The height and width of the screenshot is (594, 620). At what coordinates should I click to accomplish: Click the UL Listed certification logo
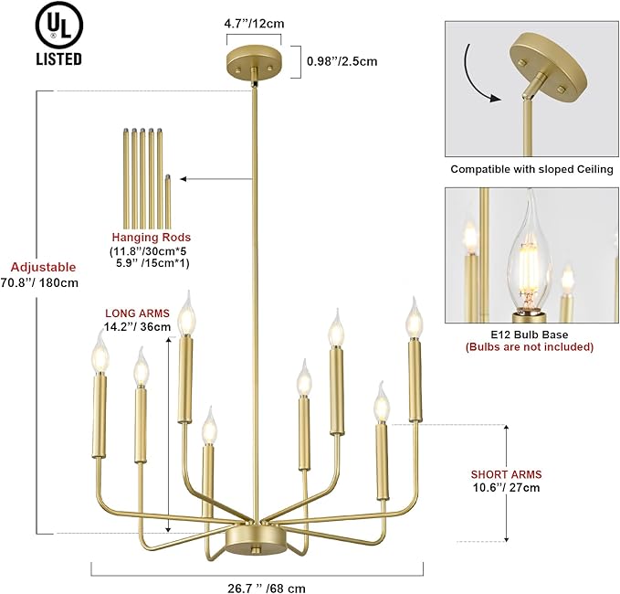[59, 36]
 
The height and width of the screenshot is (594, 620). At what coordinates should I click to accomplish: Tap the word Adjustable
[42, 267]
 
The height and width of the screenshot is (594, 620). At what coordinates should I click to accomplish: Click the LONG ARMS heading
[137, 312]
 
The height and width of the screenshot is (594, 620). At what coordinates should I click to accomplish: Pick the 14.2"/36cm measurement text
[137, 325]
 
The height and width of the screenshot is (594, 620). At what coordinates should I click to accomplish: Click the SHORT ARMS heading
[506, 474]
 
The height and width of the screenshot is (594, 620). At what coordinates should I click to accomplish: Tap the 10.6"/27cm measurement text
[506, 488]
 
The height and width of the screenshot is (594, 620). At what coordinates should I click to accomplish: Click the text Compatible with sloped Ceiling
[531, 169]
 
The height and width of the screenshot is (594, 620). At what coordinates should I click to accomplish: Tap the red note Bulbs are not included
[530, 346]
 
